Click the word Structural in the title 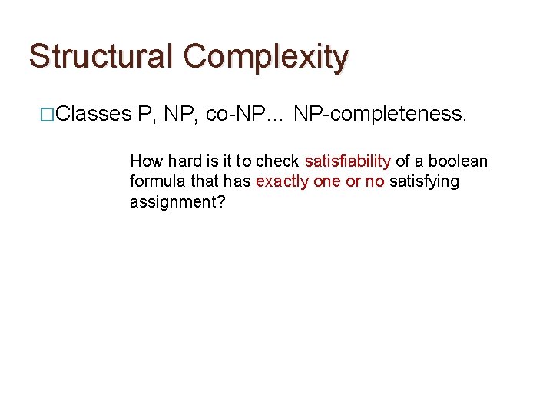coord(101,56)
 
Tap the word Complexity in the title coord(266,56)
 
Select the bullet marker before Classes coord(48,115)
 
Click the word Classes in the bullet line coord(94,115)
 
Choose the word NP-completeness coord(379,115)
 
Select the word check coord(278,161)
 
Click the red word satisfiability coord(348,161)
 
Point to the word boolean coord(458,161)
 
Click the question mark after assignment coord(222,201)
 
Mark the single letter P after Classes coord(144,115)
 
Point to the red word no coord(375,181)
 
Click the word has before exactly coord(237,181)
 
